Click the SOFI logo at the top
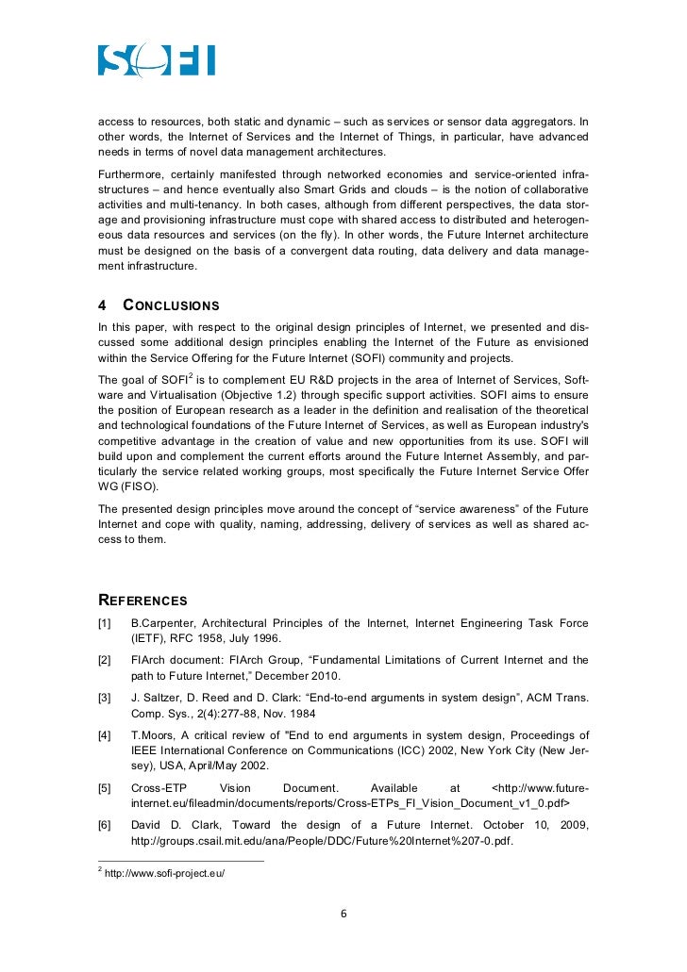(x=157, y=60)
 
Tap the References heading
(x=142, y=601)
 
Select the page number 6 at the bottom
(x=343, y=914)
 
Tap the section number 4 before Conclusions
(x=103, y=305)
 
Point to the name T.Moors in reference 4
(x=153, y=735)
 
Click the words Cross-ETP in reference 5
(x=159, y=788)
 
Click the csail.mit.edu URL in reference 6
(x=321, y=840)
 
